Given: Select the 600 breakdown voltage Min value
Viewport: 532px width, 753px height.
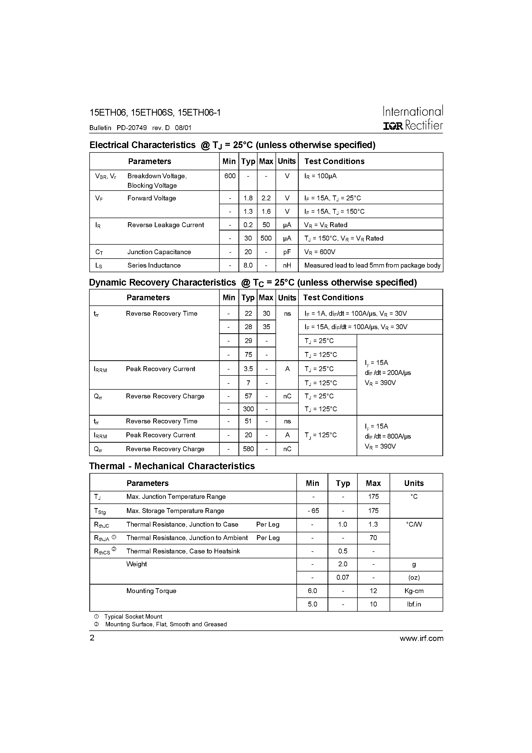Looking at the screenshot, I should click(x=230, y=176).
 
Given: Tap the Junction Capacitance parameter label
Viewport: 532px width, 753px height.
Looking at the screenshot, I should click(x=159, y=252).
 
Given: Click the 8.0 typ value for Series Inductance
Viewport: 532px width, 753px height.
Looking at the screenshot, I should click(x=248, y=265).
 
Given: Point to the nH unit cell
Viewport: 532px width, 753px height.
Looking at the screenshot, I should click(x=287, y=265).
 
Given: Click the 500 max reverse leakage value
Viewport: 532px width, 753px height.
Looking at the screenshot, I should click(x=266, y=238).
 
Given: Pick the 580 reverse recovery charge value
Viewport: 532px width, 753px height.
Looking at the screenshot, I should click(x=248, y=449).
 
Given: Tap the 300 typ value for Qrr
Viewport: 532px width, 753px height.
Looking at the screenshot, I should click(x=248, y=409).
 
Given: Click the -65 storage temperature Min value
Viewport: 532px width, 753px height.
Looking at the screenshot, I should click(x=313, y=511).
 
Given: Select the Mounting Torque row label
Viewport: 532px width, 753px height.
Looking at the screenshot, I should click(x=151, y=591).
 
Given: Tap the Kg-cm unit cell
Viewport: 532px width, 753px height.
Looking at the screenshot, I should click(x=414, y=591).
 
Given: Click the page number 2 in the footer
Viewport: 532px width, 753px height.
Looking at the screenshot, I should click(x=92, y=638).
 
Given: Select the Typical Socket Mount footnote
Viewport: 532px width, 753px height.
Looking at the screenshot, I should click(x=133, y=617).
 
